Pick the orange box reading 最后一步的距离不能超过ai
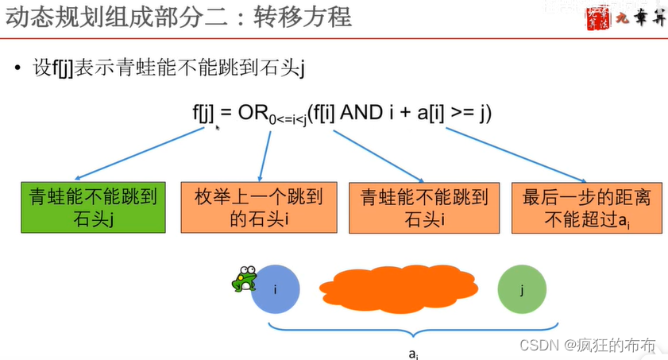pos(577,207)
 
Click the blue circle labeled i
pos(276,289)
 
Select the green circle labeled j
pos(522,289)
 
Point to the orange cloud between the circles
pos(398,288)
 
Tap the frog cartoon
pos(243,279)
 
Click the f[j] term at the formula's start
pos(204,114)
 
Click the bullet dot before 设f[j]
pos(18,69)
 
